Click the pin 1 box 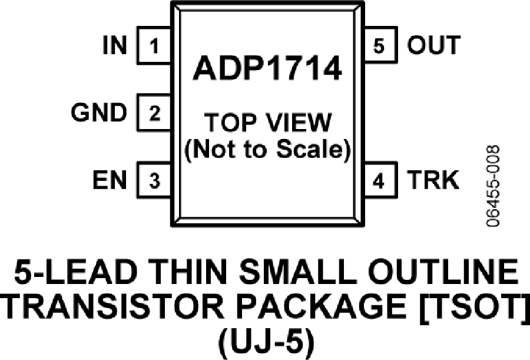(154, 45)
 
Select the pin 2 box (154, 113)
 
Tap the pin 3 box (154, 180)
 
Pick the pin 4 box (380, 180)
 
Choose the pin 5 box (380, 45)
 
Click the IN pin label (115, 45)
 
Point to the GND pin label (99, 113)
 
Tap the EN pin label (110, 180)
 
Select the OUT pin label (433, 45)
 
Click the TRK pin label (433, 180)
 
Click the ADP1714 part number (267, 68)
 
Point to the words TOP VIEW (268, 123)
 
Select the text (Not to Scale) (268, 149)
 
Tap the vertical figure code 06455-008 (492, 186)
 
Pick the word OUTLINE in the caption (443, 272)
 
